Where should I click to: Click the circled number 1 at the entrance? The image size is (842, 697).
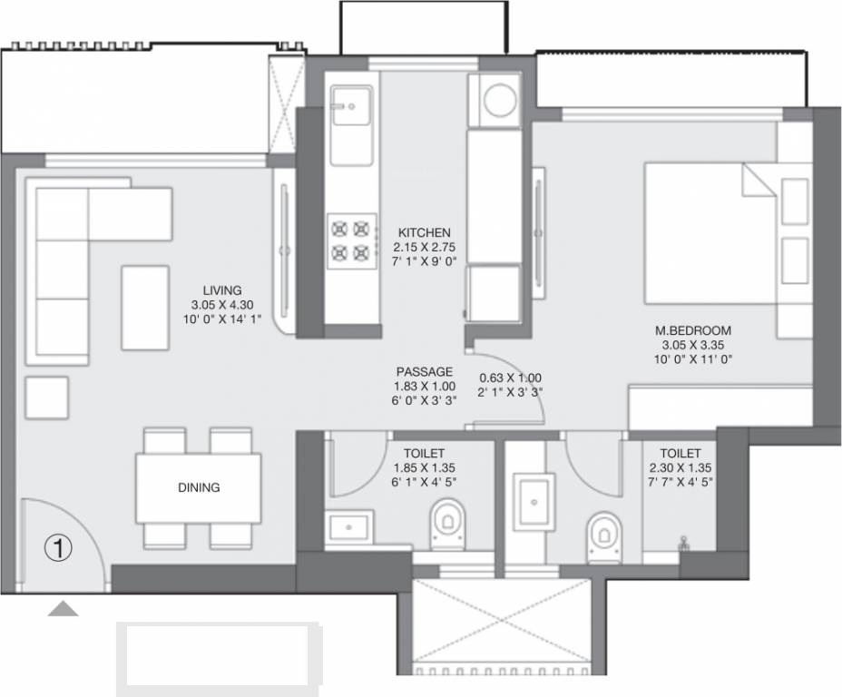58,547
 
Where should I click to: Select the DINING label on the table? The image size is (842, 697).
199,488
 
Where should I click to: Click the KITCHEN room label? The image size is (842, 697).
423,233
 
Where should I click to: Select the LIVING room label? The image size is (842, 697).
222,290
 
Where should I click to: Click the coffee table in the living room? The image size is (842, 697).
145,307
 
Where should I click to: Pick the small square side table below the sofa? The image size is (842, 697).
47,398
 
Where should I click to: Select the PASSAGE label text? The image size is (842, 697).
424,372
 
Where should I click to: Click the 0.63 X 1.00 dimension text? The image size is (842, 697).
511,378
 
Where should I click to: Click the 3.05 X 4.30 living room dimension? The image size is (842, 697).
222,305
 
